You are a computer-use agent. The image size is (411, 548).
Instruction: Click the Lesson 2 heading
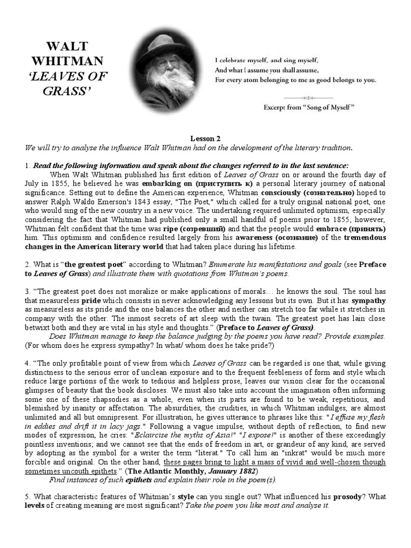tap(205, 138)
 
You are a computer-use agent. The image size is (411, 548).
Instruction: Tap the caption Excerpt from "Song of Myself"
tap(309, 107)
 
